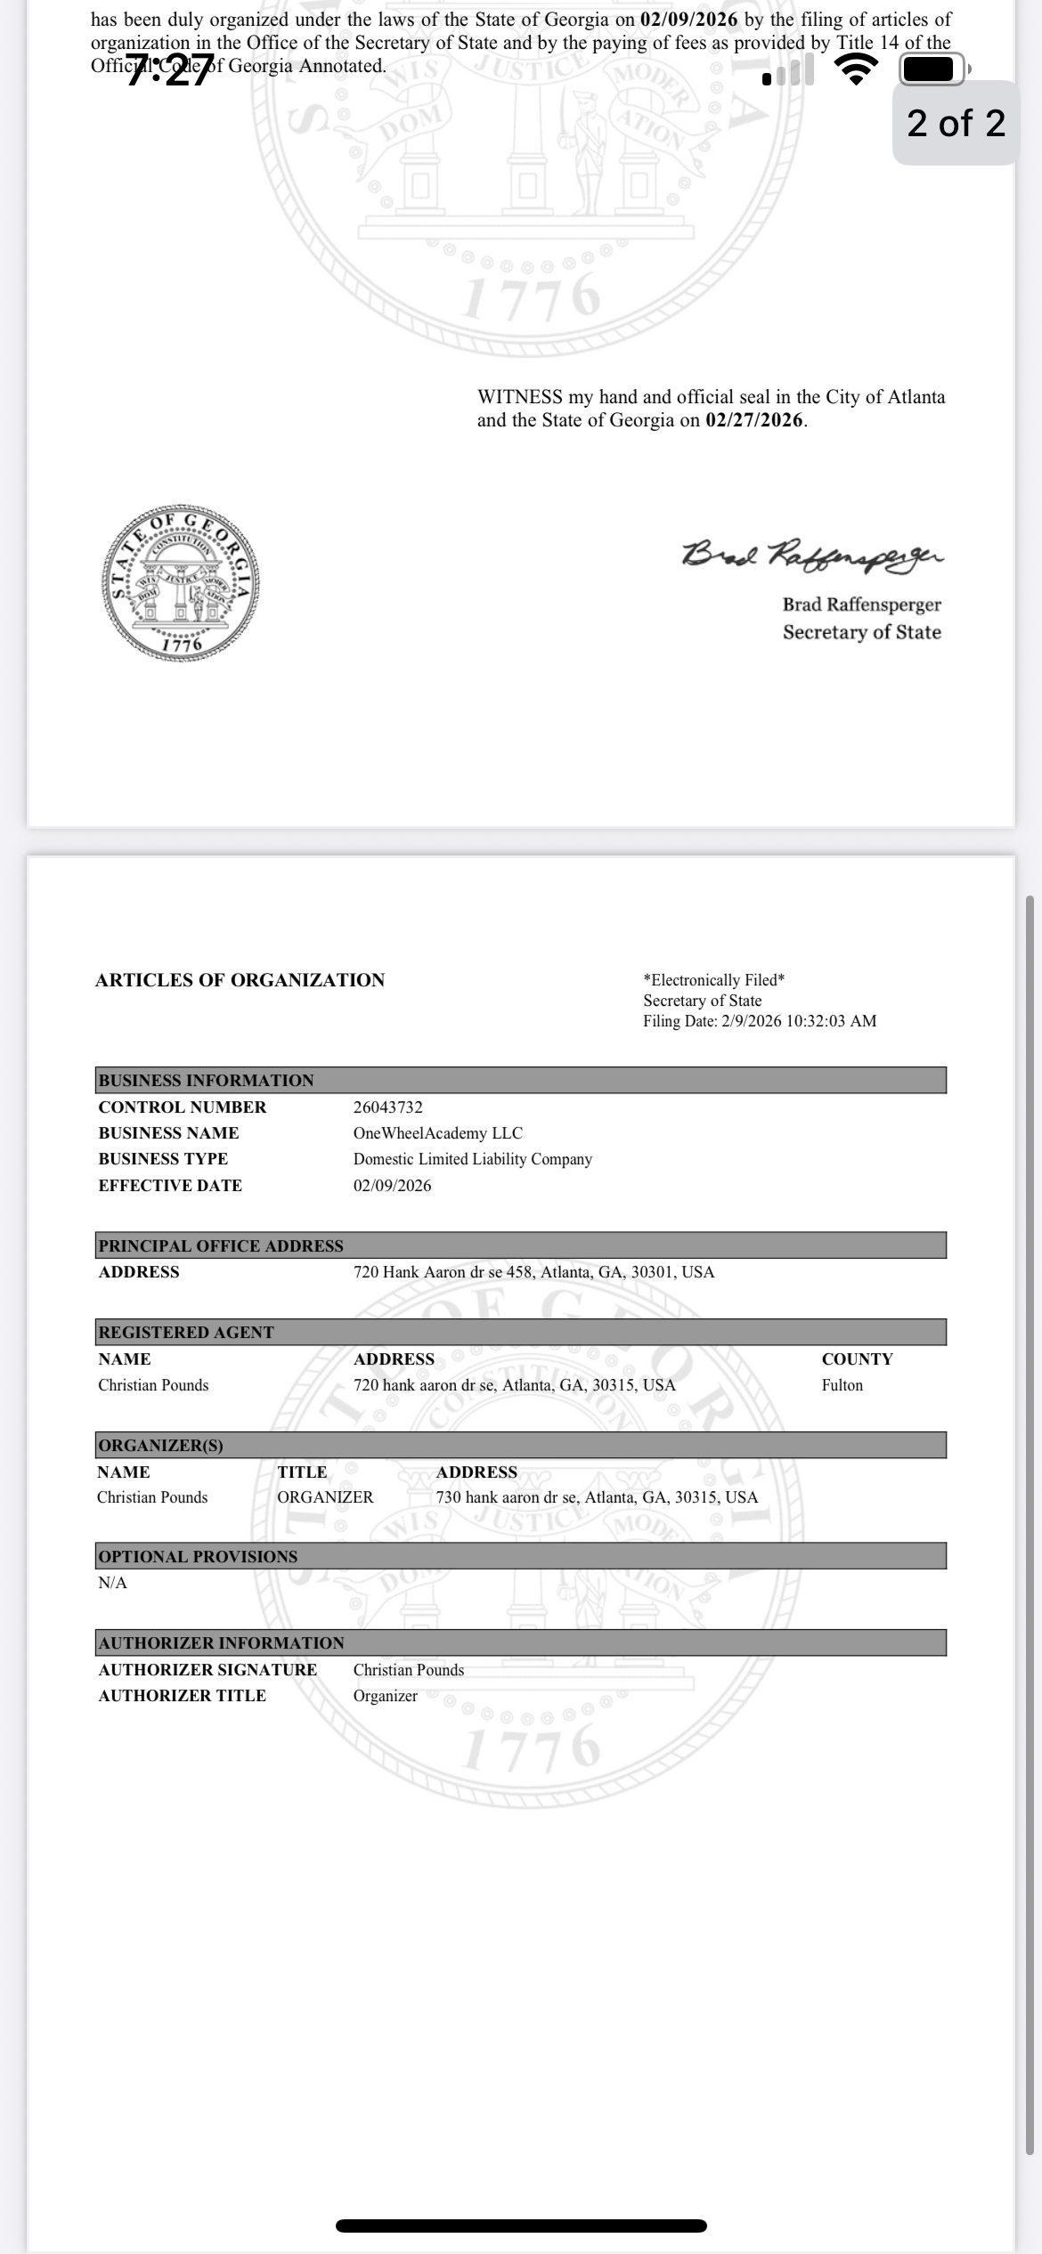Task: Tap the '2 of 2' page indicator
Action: coord(956,123)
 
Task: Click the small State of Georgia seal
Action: coord(181,584)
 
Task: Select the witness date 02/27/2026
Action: coord(754,420)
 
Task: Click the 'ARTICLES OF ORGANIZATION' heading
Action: coord(240,980)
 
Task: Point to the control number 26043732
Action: coord(388,1107)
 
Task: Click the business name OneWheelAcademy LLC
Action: coord(437,1133)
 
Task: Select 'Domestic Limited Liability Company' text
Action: coord(472,1159)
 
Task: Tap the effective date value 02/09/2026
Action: coord(392,1186)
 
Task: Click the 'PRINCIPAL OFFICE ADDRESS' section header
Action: coord(221,1245)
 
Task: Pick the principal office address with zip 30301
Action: coord(533,1272)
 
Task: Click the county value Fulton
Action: coord(842,1385)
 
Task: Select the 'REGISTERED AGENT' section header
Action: coord(186,1333)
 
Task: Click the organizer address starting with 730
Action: coord(597,1497)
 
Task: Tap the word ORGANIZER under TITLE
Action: coord(325,1497)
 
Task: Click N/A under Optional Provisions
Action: coord(113,1583)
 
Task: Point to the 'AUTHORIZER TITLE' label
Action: coord(182,1696)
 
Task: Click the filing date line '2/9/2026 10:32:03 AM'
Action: coord(760,1021)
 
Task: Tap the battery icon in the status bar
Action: coord(932,69)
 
